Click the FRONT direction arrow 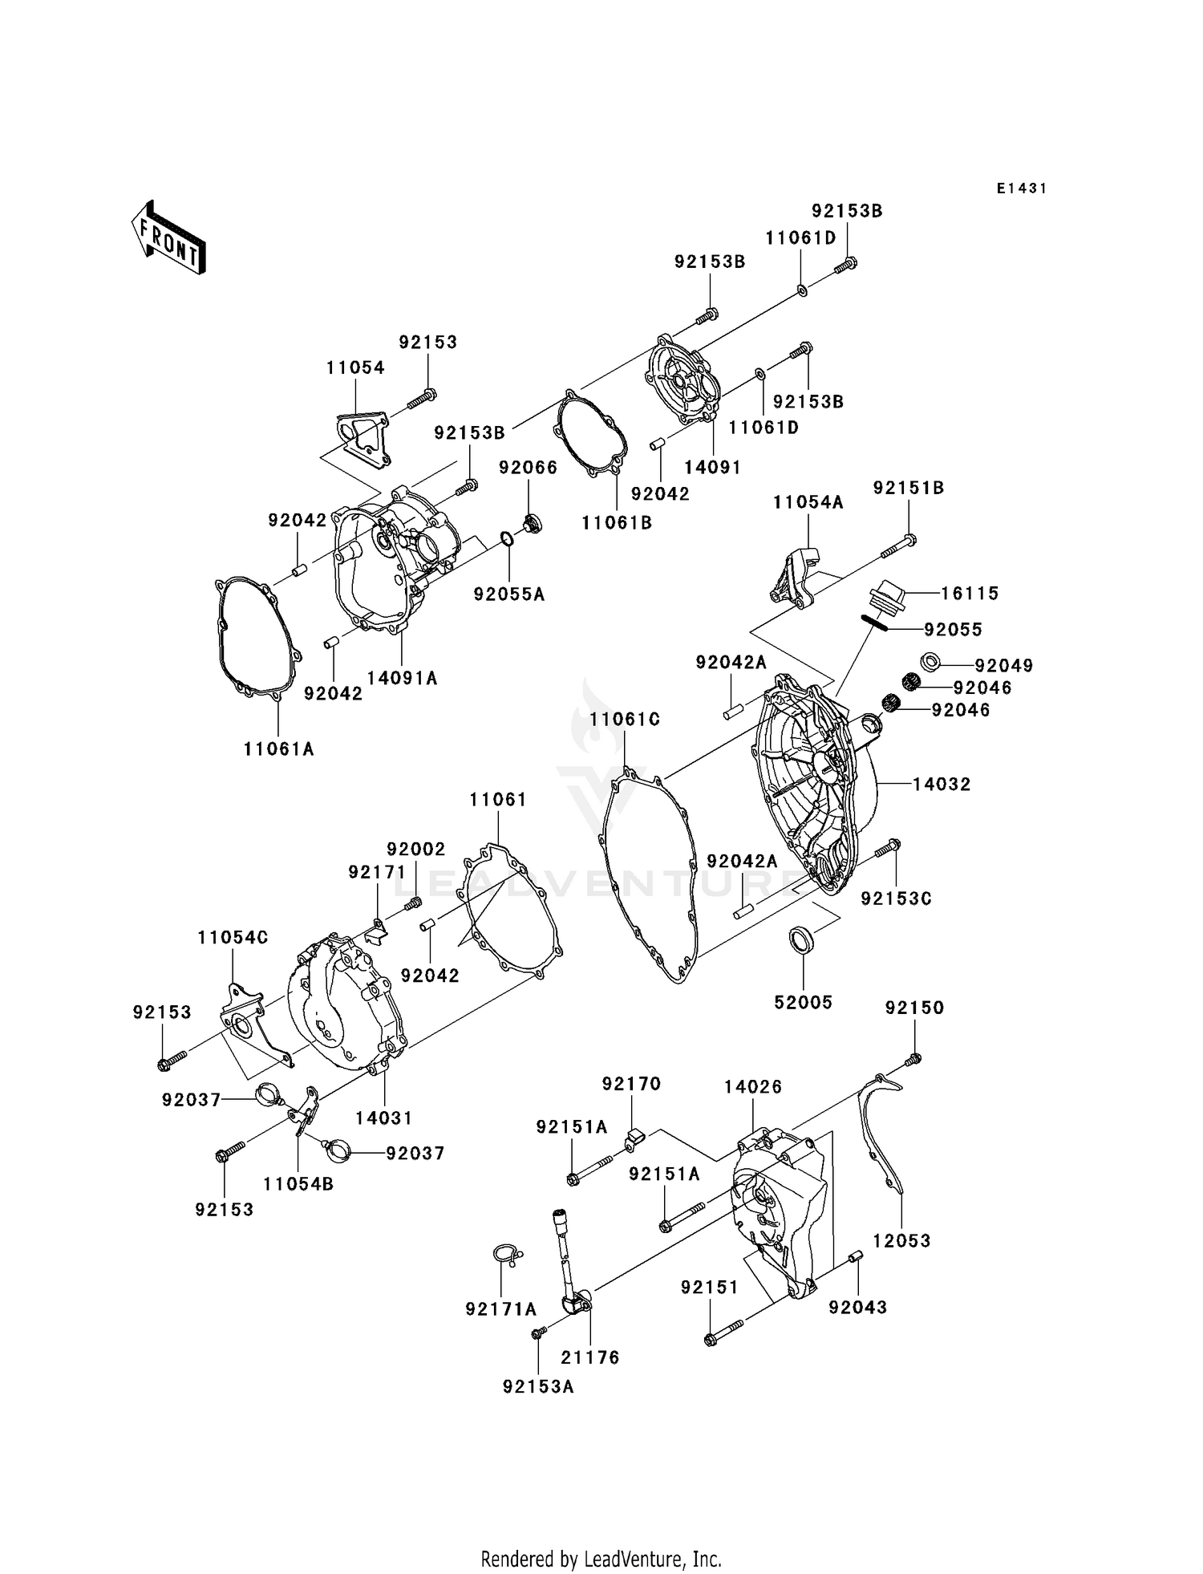tap(169, 239)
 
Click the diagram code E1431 tap(1021, 189)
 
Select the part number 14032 tap(942, 785)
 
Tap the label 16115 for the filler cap tap(970, 594)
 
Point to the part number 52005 tap(803, 1002)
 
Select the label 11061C tap(625, 720)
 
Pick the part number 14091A tap(402, 678)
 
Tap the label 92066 tap(528, 468)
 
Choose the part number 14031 tap(384, 1118)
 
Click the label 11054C tap(233, 938)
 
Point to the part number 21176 tap(589, 1357)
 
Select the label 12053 tap(901, 1241)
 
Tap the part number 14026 tap(752, 1087)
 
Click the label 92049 tap(1004, 666)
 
